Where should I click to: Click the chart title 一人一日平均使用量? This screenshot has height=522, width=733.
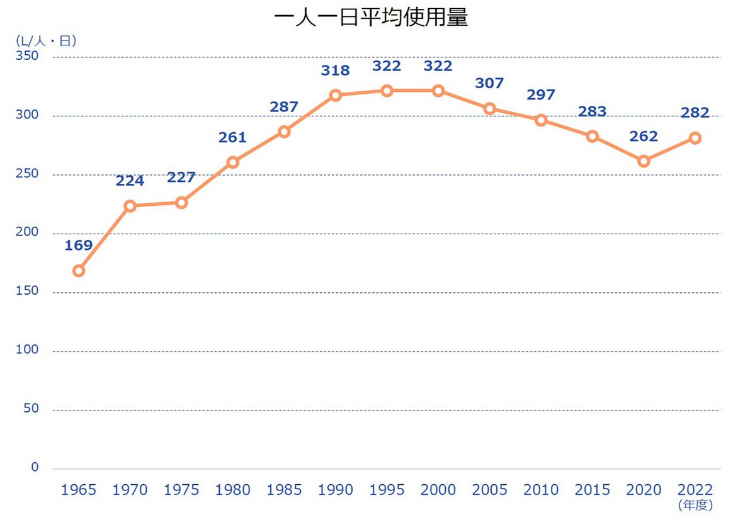pyautogui.click(x=371, y=18)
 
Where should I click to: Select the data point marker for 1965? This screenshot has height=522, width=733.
pyautogui.click(x=79, y=271)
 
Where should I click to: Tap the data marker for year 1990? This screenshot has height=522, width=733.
pyautogui.click(x=335, y=95)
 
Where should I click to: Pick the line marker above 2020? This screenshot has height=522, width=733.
pyautogui.click(x=643, y=161)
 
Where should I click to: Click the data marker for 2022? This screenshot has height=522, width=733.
pyautogui.click(x=695, y=138)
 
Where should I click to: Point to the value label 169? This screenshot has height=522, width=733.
pyautogui.click(x=79, y=246)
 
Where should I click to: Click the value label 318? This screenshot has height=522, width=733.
pyautogui.click(x=335, y=71)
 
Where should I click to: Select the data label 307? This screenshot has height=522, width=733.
pyautogui.click(x=489, y=83)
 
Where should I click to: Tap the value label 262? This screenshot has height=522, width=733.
pyautogui.click(x=643, y=137)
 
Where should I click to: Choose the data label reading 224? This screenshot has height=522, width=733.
pyautogui.click(x=130, y=181)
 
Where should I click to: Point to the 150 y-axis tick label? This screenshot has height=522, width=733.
pyautogui.click(x=28, y=291)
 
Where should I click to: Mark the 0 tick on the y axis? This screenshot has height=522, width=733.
pyautogui.click(x=34, y=467)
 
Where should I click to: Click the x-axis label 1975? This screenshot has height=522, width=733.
pyautogui.click(x=181, y=490)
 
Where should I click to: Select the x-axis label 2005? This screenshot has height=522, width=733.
pyautogui.click(x=489, y=490)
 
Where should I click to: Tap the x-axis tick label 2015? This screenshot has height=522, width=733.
pyautogui.click(x=592, y=490)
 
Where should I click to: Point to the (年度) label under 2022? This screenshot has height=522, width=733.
pyautogui.click(x=695, y=505)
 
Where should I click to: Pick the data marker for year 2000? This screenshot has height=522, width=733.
pyautogui.click(x=438, y=91)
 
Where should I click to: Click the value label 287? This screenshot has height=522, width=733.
pyautogui.click(x=284, y=107)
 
